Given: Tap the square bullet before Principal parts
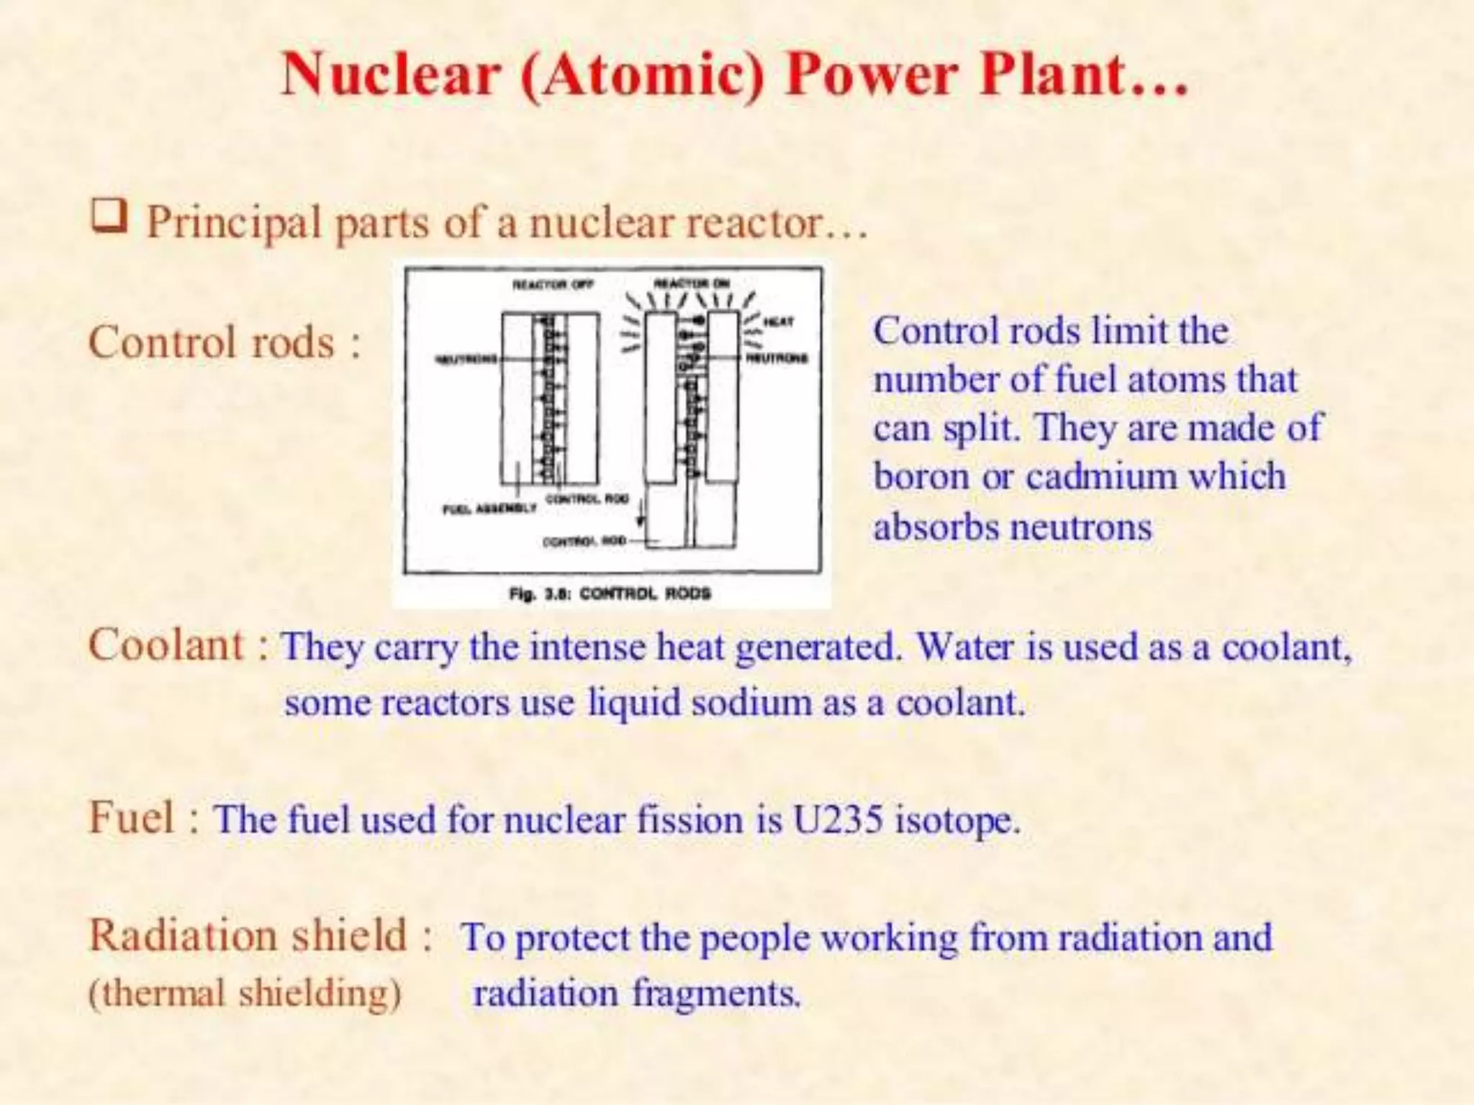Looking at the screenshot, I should click(109, 217).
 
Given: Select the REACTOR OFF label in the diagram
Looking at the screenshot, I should click(553, 284).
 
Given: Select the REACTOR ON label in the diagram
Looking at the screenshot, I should click(692, 283).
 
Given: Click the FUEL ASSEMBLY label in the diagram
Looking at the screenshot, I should click(489, 509).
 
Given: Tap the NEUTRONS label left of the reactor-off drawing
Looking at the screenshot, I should click(466, 359).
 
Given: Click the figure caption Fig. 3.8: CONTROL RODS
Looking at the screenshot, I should click(610, 594).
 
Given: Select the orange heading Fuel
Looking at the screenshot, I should click(131, 817).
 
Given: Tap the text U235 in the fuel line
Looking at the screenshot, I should click(837, 819).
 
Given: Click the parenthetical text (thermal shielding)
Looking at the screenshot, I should click(244, 993).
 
